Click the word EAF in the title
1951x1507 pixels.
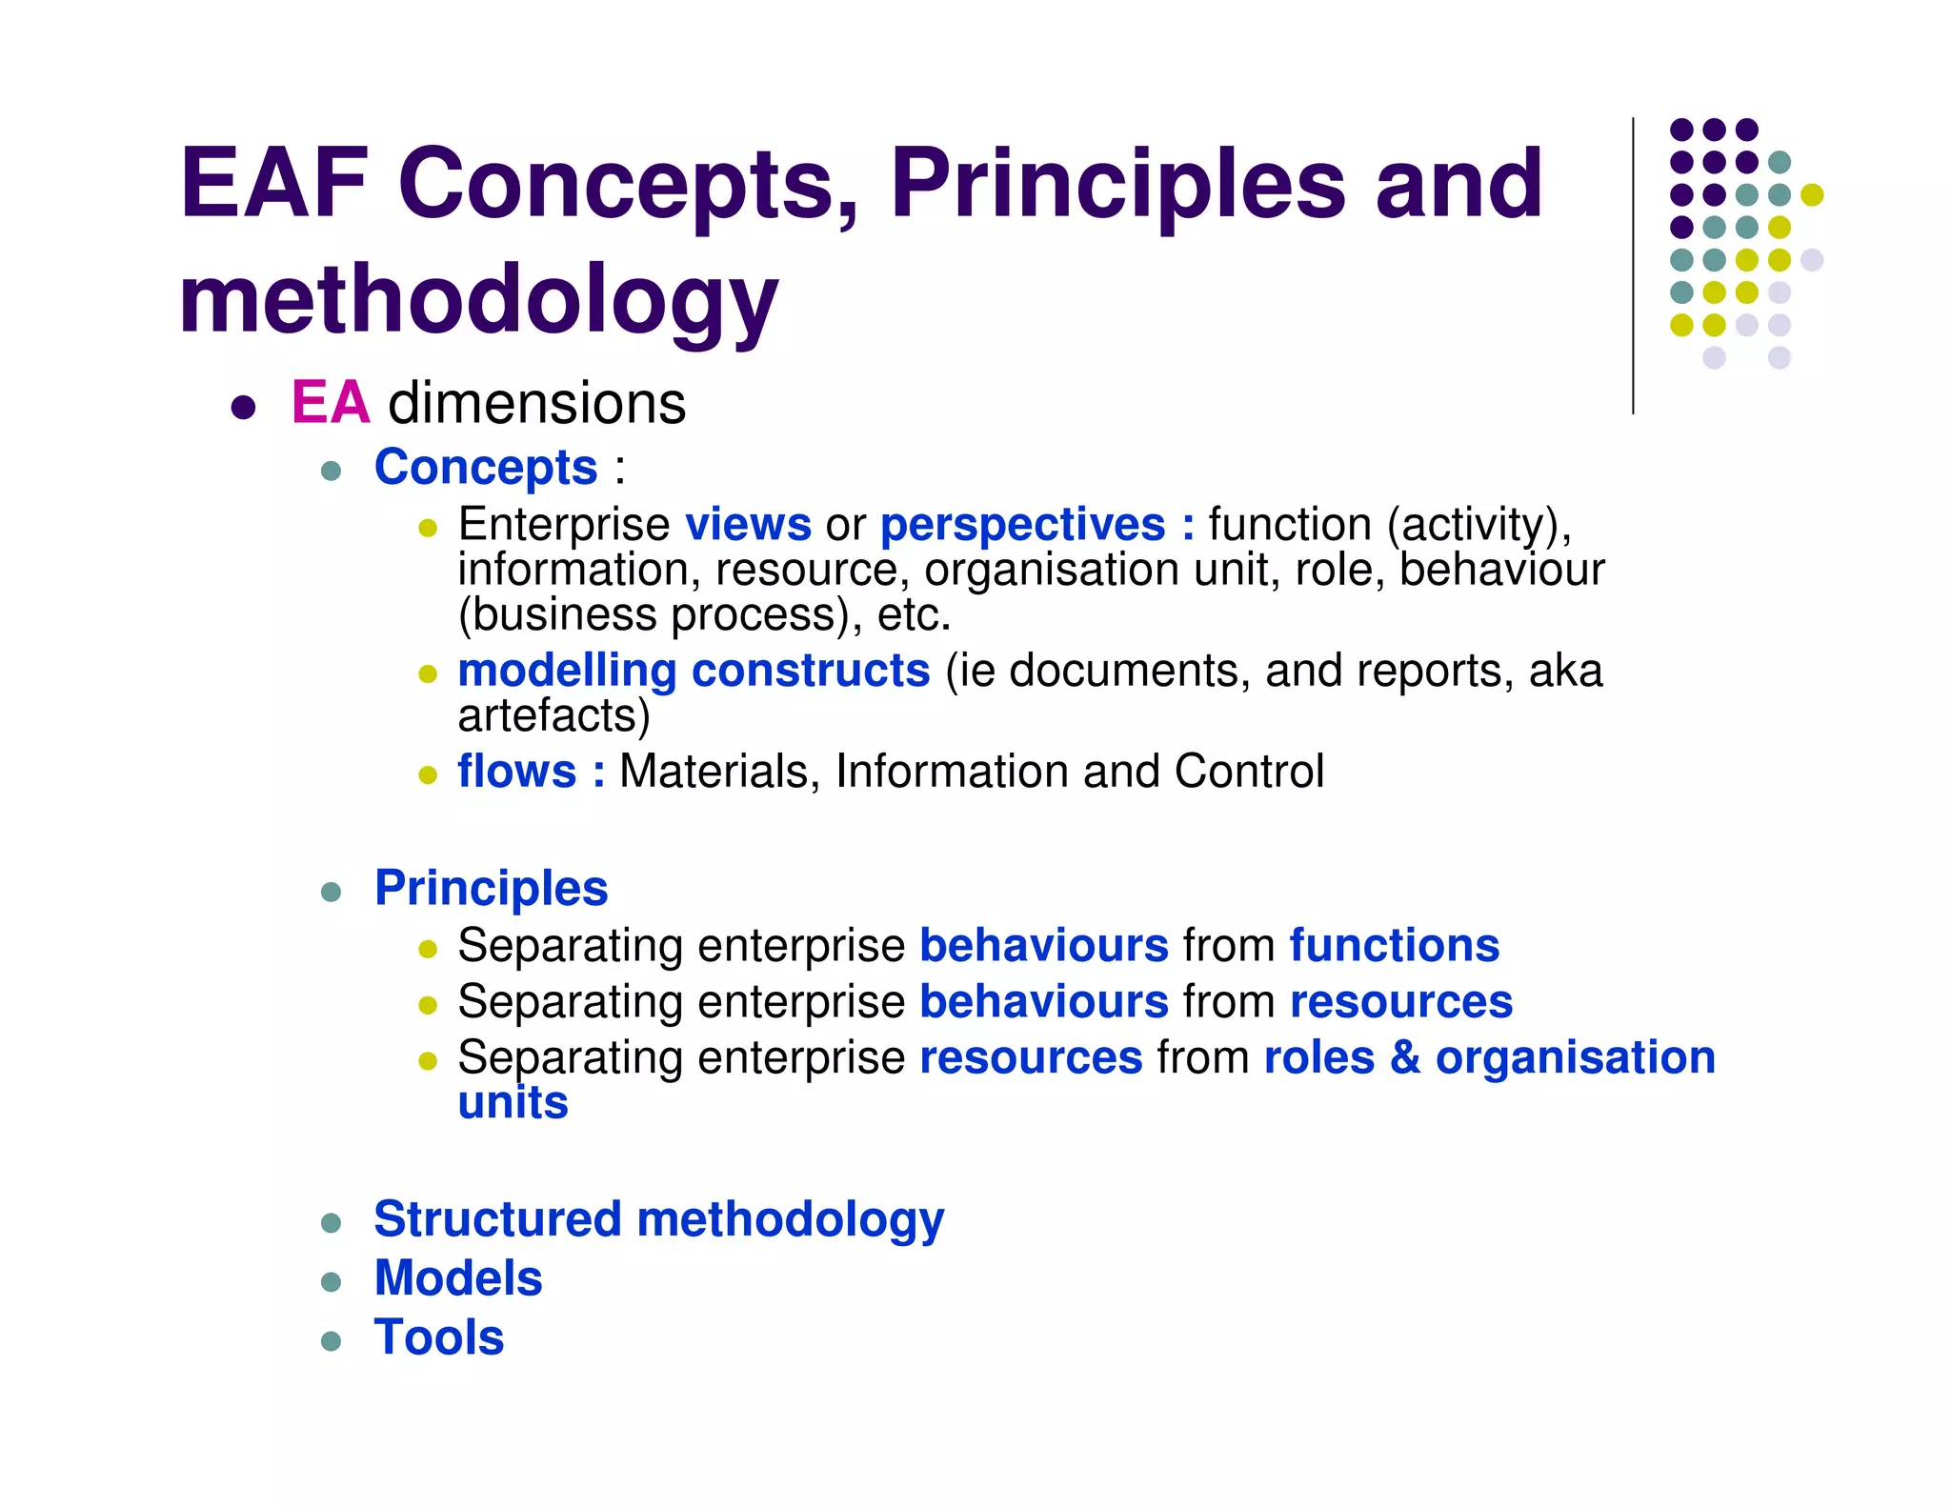click(273, 183)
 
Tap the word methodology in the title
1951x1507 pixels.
click(478, 300)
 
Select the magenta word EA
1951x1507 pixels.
click(330, 402)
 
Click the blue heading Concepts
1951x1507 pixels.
click(486, 467)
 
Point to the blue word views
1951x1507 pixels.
click(748, 524)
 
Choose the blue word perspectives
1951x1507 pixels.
click(1022, 525)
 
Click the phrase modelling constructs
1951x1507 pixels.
click(694, 670)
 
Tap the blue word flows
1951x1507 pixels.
click(516, 771)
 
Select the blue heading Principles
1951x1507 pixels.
click(491, 888)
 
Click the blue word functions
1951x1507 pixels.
click(1394, 945)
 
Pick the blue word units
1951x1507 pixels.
click(513, 1102)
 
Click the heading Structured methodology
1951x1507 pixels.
click(658, 1219)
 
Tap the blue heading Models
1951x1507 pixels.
click(458, 1278)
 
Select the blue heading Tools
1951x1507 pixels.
click(438, 1337)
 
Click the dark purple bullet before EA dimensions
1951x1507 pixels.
click(244, 408)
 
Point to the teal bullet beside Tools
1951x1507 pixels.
click(332, 1341)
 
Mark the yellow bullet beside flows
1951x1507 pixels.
click(428, 774)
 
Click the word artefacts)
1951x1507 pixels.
click(553, 714)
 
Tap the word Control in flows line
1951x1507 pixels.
click(1248, 771)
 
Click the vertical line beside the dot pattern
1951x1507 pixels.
click(1633, 267)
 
